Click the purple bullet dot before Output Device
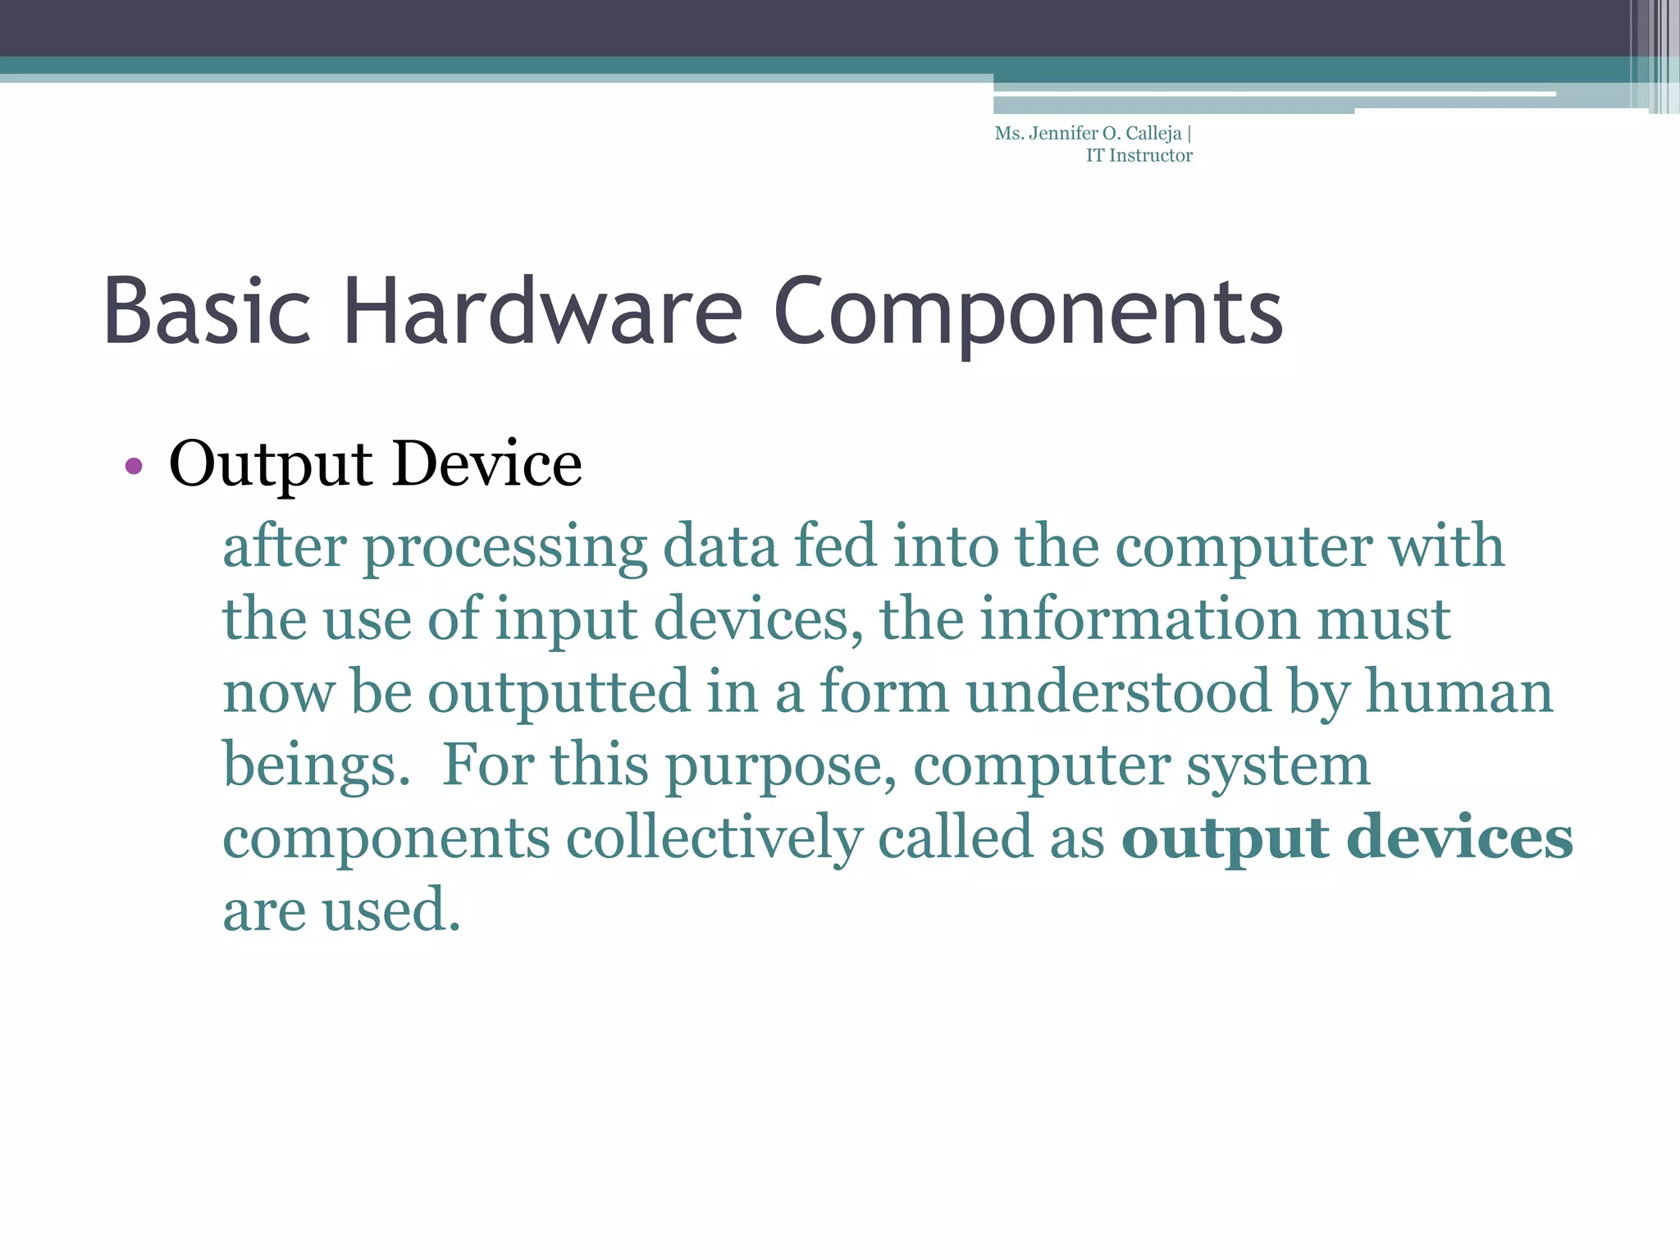coord(134,467)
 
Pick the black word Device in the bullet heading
coord(487,464)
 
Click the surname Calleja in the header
coord(1153,134)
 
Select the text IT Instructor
coord(1139,156)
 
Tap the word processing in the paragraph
coord(504,548)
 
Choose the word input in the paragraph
coord(566,620)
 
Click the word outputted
coord(559,692)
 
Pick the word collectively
coord(714,838)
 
